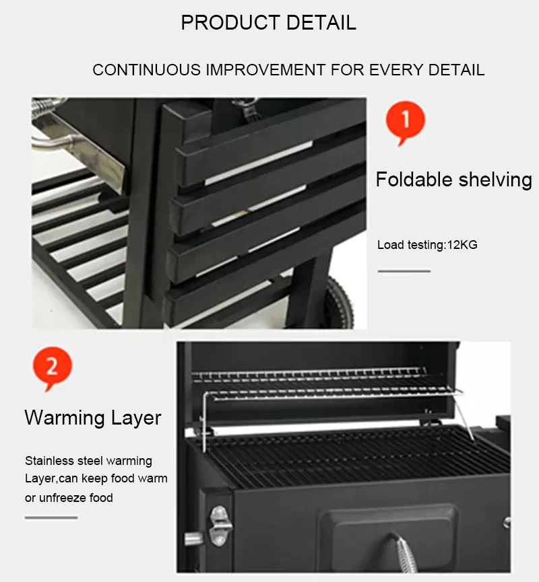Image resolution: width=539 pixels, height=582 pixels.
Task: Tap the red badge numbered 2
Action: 53,367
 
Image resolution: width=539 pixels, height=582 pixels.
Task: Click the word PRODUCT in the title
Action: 230,22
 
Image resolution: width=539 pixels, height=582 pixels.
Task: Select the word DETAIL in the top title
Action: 321,22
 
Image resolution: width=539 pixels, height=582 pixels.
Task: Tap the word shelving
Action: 495,180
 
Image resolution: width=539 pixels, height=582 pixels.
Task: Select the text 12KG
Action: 462,245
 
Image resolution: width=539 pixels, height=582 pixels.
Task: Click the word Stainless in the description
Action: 49,461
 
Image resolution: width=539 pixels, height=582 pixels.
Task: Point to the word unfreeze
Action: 63,497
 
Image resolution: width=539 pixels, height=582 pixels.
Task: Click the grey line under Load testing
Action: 404,271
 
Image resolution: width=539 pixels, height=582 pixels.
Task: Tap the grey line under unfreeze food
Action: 51,517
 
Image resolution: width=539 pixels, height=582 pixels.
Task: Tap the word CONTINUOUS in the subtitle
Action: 146,70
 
